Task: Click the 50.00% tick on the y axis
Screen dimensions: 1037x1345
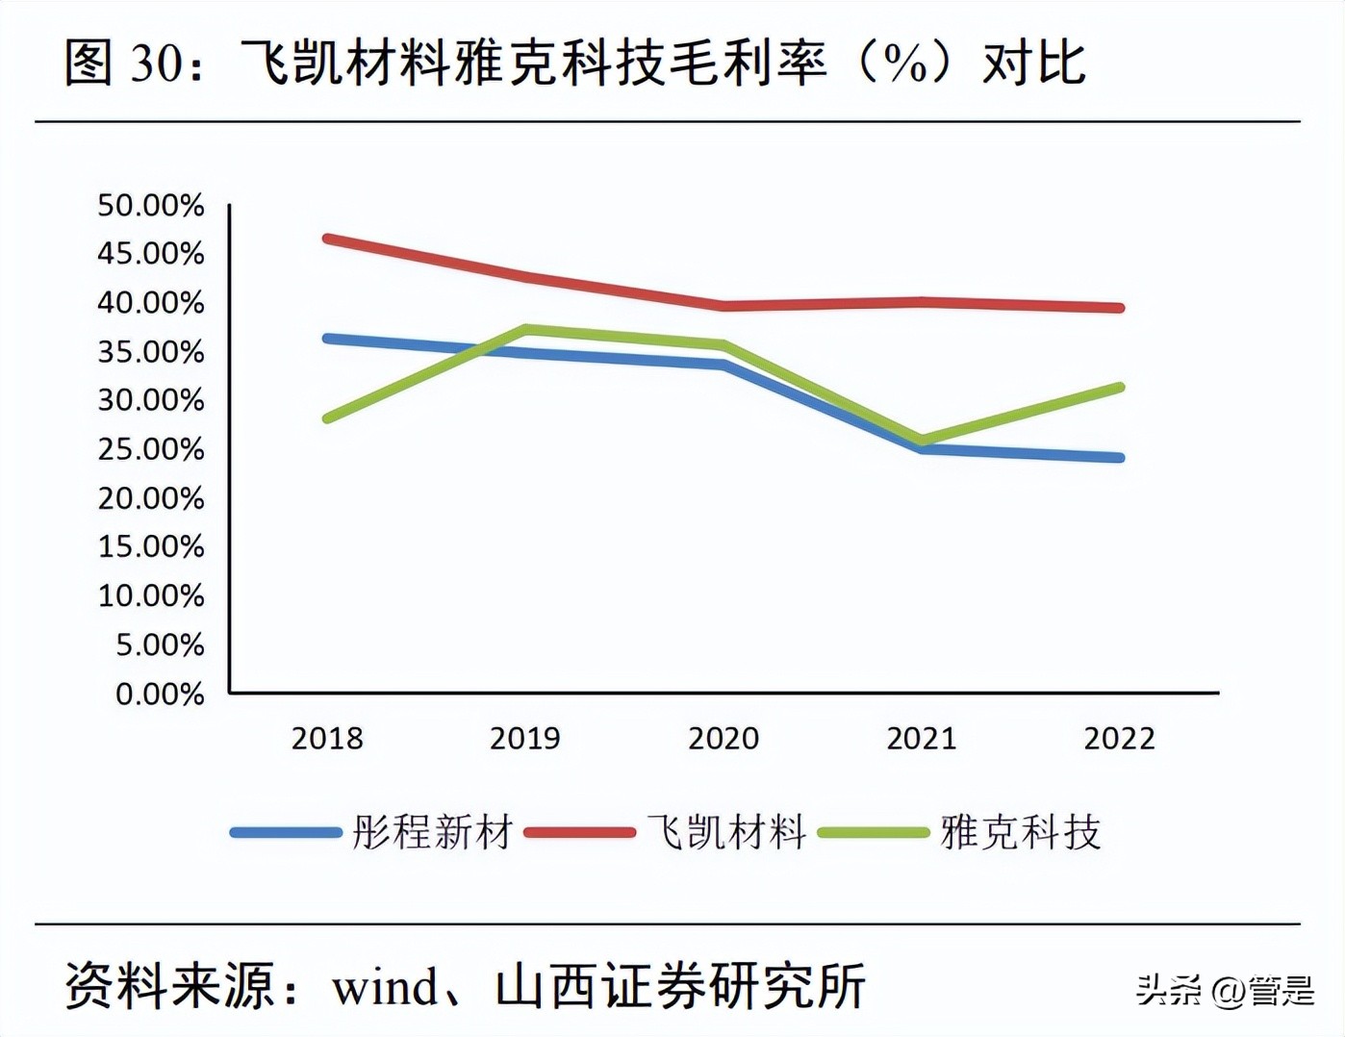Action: tap(151, 205)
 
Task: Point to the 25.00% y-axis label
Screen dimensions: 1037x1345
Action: tap(151, 449)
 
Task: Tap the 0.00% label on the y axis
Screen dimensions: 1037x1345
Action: tap(160, 694)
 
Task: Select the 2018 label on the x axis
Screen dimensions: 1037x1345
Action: tap(327, 738)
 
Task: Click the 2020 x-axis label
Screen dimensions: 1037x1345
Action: tap(723, 738)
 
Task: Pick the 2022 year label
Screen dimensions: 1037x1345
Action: tap(1119, 738)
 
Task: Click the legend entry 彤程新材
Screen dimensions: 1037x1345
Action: tap(431, 832)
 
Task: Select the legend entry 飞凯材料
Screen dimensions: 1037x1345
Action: tap(726, 832)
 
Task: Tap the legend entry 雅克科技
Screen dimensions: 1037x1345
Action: tap(1020, 832)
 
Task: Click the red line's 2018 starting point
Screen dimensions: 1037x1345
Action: tap(328, 239)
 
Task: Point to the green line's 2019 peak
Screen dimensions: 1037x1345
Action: tap(526, 329)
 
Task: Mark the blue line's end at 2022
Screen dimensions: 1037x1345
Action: tap(1119, 457)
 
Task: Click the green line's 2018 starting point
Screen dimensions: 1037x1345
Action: tap(328, 418)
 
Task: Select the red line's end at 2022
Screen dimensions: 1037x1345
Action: tap(1119, 308)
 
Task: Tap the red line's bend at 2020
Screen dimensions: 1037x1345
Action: tap(723, 306)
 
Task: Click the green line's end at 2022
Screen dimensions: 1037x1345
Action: tap(1119, 388)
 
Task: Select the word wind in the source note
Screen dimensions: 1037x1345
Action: tap(385, 987)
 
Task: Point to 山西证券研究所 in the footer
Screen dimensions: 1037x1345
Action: tap(680, 987)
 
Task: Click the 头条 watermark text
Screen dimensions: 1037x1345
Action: tap(1167, 990)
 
